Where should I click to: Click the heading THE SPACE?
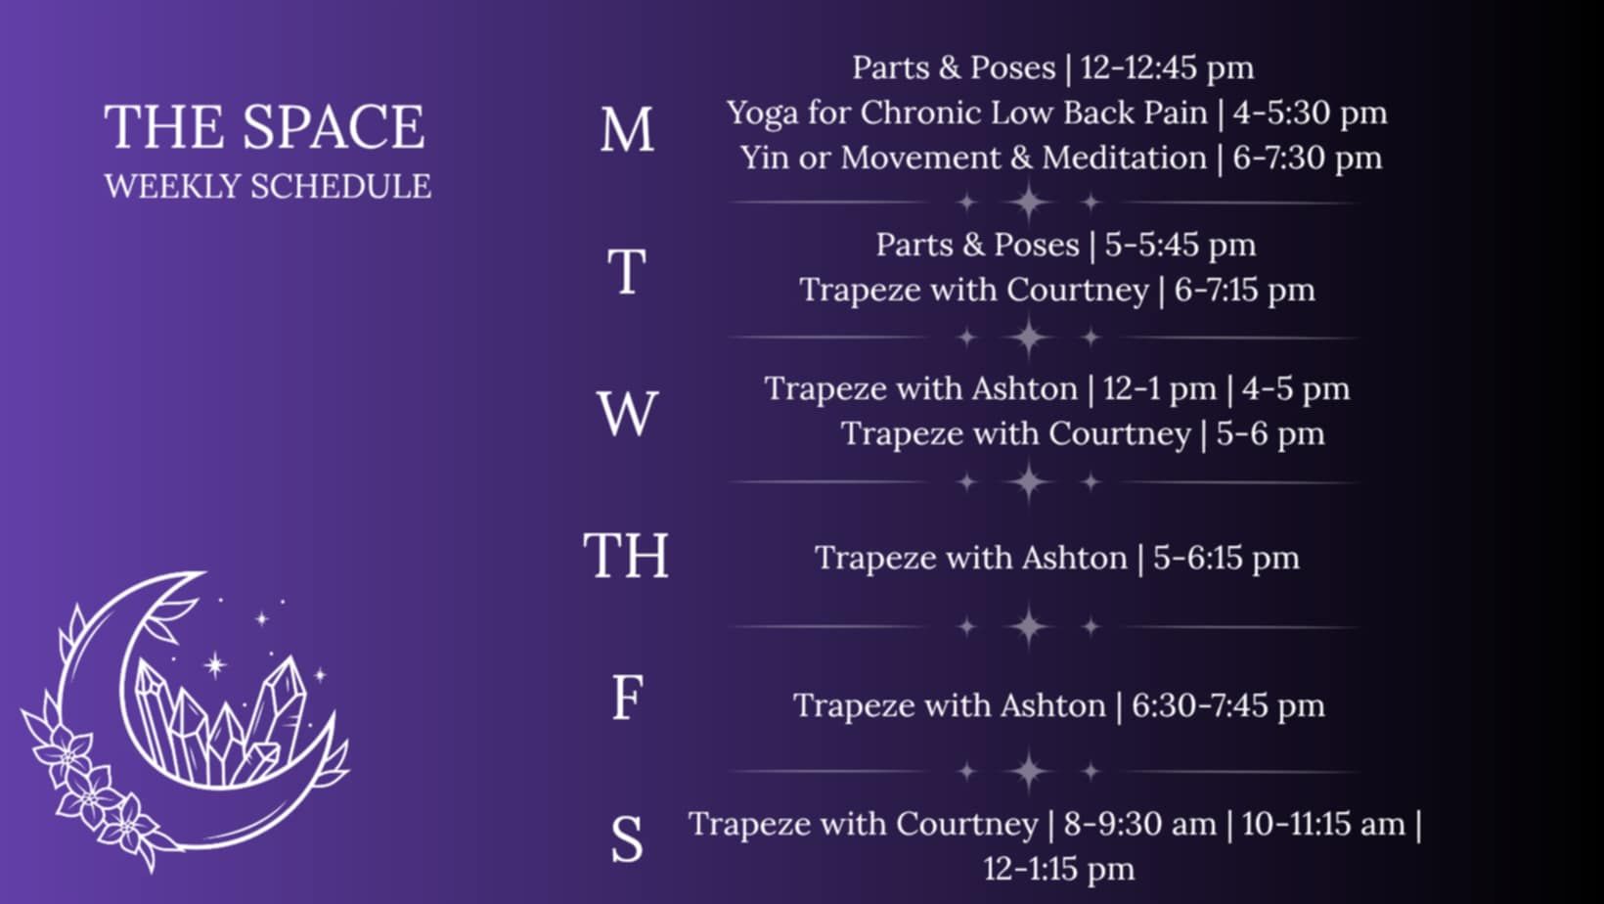[x=264, y=127]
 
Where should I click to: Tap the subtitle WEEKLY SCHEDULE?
[x=268, y=186]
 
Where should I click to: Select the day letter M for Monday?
[x=627, y=130]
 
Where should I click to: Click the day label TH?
[x=626, y=555]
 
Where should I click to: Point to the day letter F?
[x=627, y=698]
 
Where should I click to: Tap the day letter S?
[x=627, y=838]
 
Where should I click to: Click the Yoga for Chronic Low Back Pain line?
[x=1057, y=113]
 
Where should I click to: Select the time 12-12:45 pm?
[x=1167, y=68]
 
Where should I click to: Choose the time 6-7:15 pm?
[x=1244, y=291]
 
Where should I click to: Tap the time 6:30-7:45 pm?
[x=1228, y=706]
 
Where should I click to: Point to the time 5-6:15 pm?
[x=1225, y=558]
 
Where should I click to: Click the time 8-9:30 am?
[x=1140, y=824]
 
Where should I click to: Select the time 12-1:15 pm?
[x=1059, y=869]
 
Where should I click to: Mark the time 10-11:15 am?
[x=1323, y=824]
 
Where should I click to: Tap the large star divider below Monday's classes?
[x=1028, y=202]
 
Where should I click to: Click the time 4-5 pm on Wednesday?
[x=1296, y=389]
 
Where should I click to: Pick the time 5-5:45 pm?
[x=1181, y=245]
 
